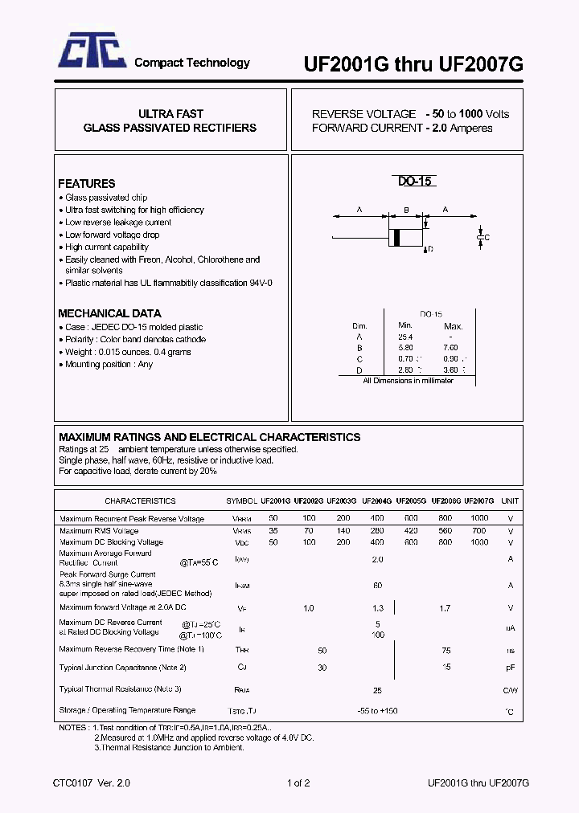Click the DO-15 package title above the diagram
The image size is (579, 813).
[416, 182]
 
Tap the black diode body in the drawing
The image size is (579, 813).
[396, 237]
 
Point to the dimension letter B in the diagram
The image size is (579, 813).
[406, 210]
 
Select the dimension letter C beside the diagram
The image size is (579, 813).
[487, 238]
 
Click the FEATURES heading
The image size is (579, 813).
[87, 183]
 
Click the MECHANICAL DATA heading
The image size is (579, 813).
[109, 313]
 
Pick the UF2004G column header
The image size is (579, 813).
[376, 500]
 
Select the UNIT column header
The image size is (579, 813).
[510, 500]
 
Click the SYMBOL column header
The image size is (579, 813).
[241, 500]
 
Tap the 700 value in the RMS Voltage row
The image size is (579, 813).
[479, 531]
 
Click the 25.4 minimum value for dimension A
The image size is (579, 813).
[405, 337]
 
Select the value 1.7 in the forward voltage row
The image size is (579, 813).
[445, 608]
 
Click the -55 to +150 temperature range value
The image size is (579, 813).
[377, 711]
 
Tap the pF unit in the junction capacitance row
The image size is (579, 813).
[510, 667]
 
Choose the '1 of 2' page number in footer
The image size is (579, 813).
[298, 782]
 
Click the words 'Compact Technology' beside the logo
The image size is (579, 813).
[191, 63]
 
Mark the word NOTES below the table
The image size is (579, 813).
[73, 727]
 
